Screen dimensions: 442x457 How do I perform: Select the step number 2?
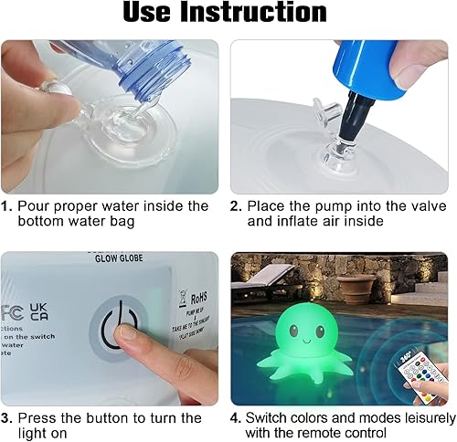235,206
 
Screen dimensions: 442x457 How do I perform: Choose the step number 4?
235,417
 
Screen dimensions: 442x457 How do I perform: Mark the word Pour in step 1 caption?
34,206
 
